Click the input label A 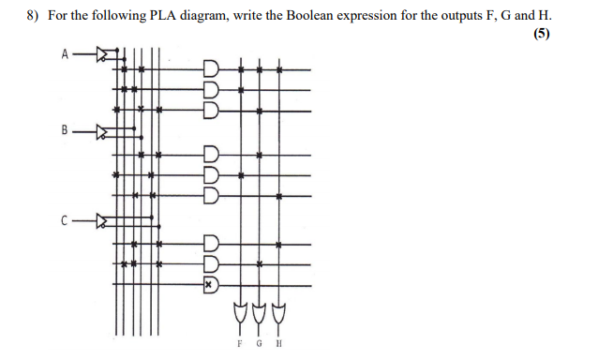pos(65,53)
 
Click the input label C pos(65,221)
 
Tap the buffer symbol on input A pos(104,54)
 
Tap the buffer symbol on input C pos(104,221)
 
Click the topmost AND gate pos(211,69)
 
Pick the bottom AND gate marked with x pos(211,282)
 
